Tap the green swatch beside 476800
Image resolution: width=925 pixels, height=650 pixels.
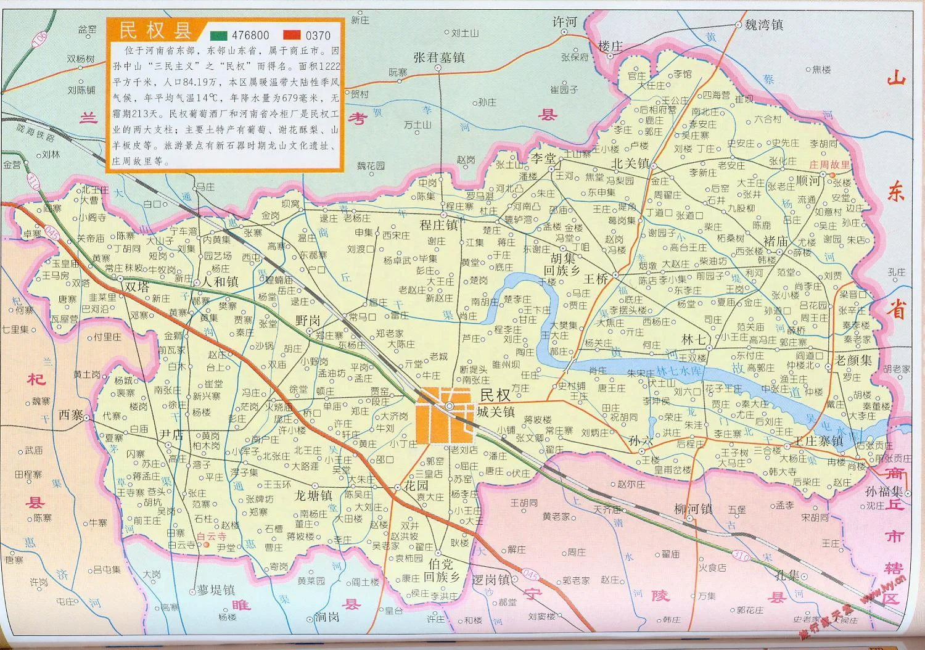pos(220,36)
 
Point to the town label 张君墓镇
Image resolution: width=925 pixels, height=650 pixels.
pos(438,57)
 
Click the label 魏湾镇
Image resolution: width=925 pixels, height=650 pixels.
pos(763,25)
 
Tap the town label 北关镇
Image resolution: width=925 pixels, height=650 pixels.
pos(630,164)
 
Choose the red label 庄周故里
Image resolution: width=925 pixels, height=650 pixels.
pos(829,165)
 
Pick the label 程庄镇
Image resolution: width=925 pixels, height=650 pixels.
pos(438,225)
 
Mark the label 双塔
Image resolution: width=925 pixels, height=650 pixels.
pos(136,287)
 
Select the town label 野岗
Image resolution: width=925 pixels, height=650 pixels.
pos(307,320)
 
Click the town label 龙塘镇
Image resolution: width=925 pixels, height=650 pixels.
pos(313,495)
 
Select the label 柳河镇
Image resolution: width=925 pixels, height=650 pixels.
pos(693,509)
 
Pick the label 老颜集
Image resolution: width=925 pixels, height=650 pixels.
pos(853,359)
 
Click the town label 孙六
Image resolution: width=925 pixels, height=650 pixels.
pos(640,442)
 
